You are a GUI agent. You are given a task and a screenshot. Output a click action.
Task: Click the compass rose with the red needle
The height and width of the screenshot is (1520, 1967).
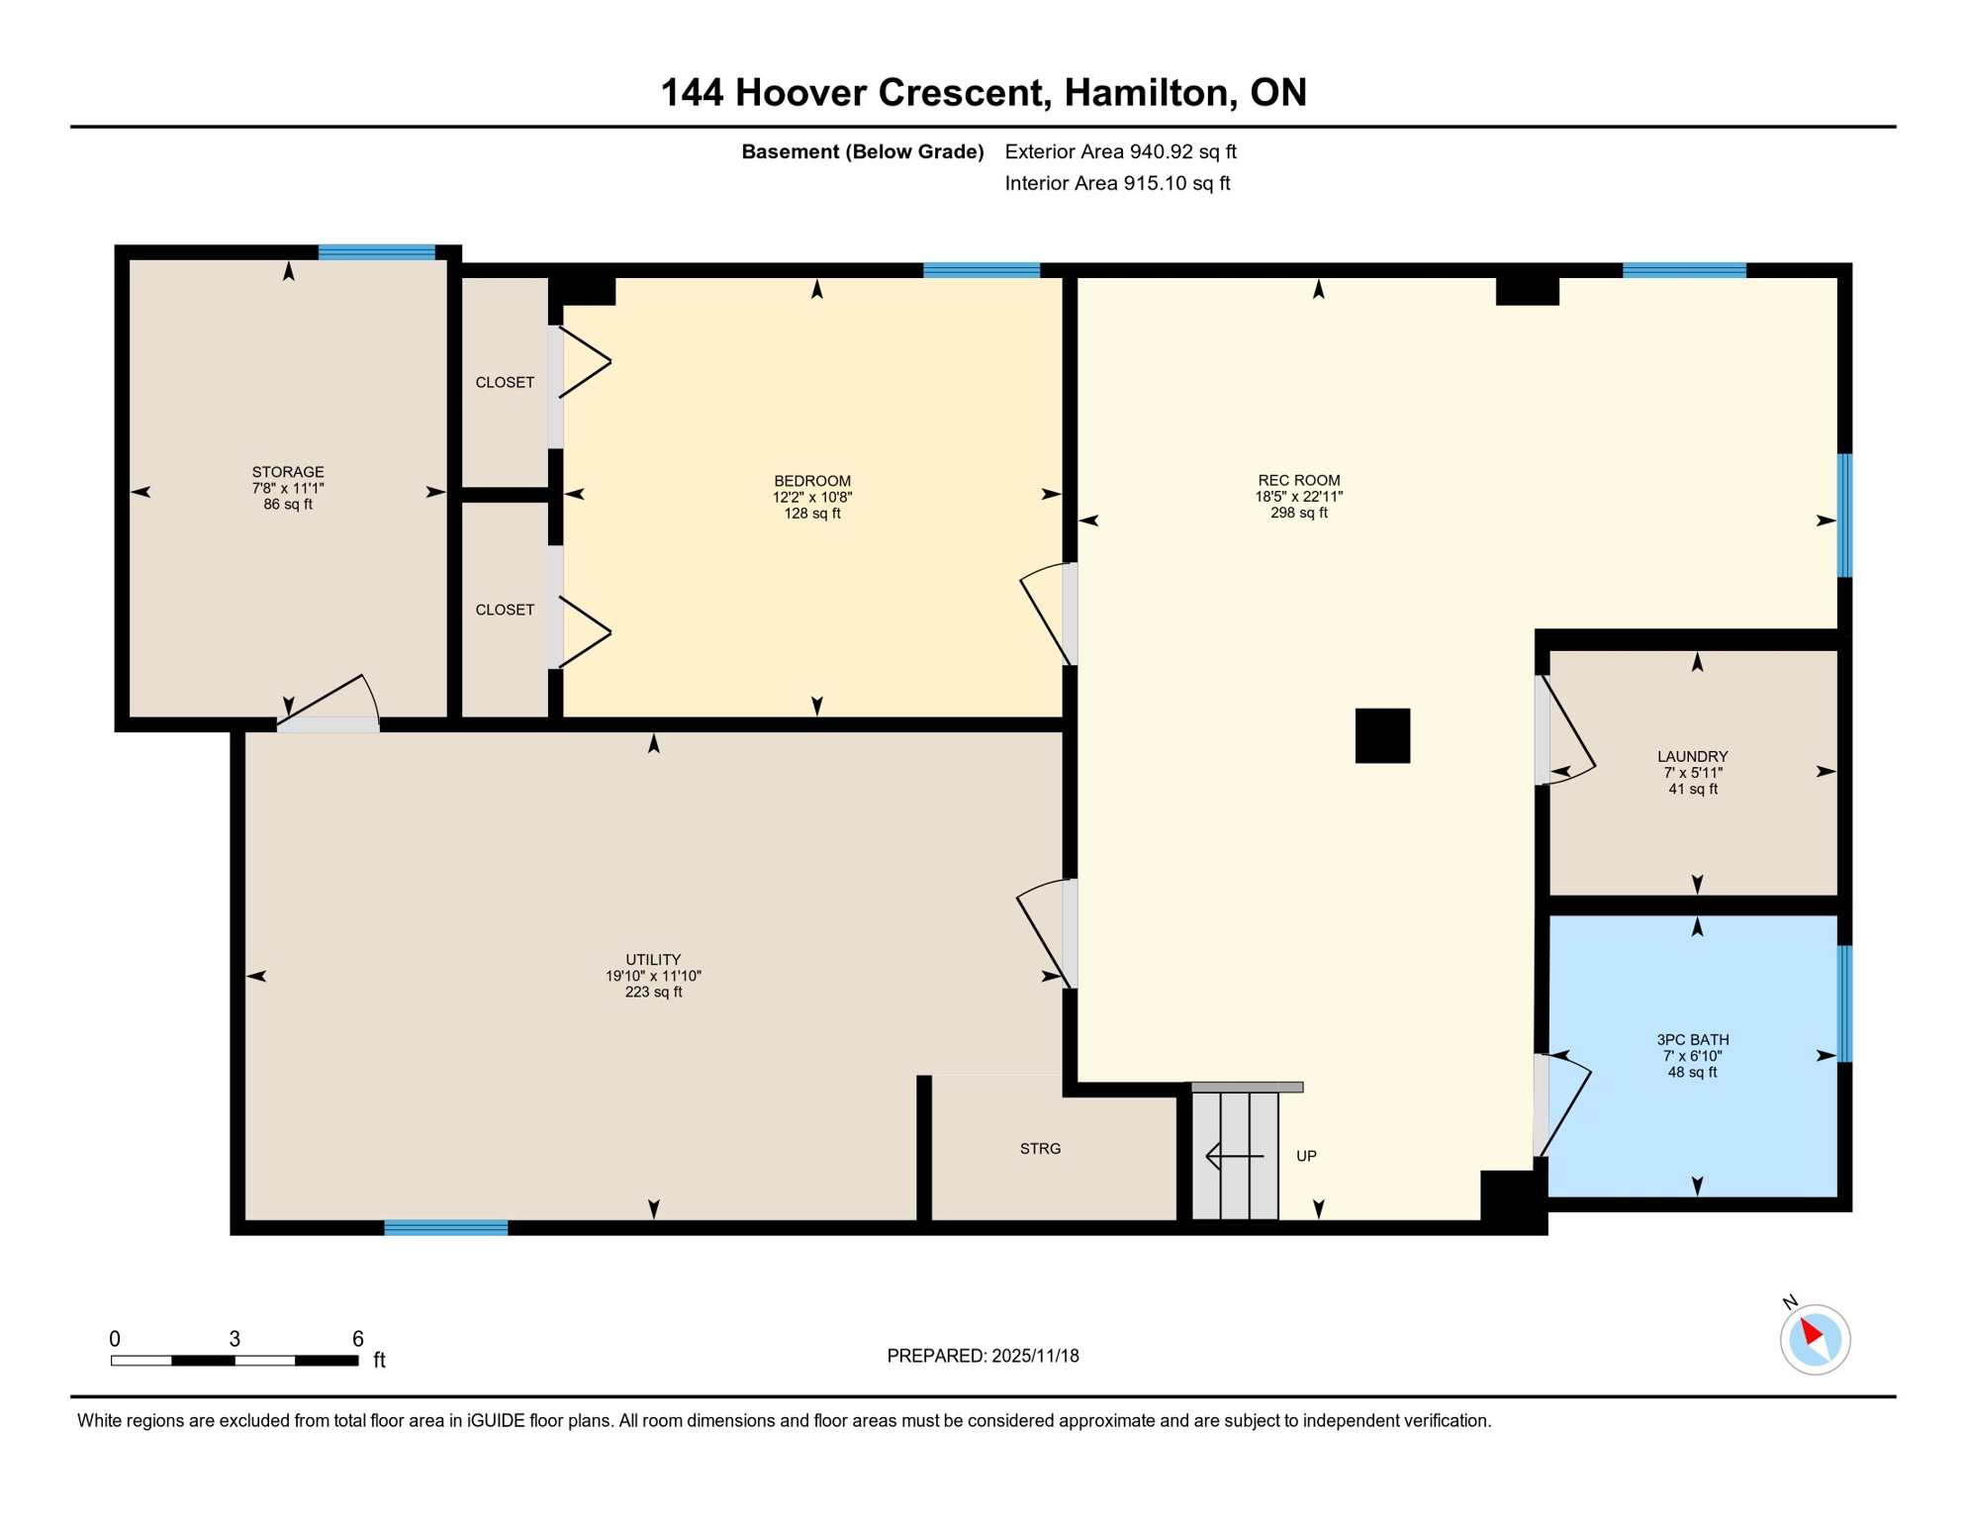(1815, 1339)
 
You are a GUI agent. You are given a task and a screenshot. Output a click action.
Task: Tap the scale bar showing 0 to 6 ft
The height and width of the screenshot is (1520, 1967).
(234, 1361)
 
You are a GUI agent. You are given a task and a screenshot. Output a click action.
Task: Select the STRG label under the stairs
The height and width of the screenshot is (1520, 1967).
(1040, 1148)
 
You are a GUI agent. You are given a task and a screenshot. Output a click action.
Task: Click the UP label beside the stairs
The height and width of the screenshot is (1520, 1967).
(1306, 1156)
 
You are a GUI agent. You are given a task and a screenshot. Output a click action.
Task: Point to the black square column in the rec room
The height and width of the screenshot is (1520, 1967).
(1382, 735)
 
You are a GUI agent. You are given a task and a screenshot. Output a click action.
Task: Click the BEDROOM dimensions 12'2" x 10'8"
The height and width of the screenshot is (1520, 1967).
(811, 497)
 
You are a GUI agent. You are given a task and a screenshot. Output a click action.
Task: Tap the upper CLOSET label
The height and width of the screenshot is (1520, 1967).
(505, 382)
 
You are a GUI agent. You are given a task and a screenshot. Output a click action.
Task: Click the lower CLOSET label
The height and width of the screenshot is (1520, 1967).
(505, 610)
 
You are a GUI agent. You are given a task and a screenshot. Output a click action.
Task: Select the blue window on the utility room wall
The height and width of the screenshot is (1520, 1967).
(445, 1227)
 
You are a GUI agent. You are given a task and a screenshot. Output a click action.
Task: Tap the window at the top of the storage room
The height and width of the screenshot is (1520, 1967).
(376, 252)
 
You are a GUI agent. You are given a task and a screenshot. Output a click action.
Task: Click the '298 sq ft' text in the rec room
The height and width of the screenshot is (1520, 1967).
(1298, 513)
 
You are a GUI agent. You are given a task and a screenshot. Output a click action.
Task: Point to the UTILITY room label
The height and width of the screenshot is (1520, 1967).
(653, 959)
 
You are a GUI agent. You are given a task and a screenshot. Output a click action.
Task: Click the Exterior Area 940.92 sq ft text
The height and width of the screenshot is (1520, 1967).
(1120, 151)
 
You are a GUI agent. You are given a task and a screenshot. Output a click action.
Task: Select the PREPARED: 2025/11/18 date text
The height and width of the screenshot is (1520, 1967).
(983, 1356)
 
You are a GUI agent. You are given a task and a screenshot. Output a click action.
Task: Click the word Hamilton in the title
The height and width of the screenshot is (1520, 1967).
(1151, 92)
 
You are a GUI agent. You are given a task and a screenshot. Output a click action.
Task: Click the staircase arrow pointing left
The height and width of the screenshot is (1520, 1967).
(1234, 1155)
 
